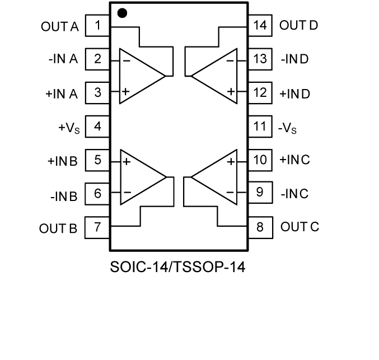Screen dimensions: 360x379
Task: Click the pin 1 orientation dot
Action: click(x=122, y=13)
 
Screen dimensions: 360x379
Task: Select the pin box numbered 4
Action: click(x=97, y=127)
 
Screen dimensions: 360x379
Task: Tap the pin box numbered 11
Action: click(x=260, y=127)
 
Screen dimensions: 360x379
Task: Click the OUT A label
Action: click(x=59, y=26)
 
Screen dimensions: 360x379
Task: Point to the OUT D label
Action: click(x=299, y=25)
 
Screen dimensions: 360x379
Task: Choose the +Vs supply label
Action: click(x=68, y=128)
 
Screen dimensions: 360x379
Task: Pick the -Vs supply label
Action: click(x=288, y=128)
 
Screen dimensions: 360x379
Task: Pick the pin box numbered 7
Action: click(x=97, y=227)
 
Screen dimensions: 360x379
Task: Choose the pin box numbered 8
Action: click(x=260, y=227)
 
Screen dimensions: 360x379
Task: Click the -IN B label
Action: click(x=63, y=195)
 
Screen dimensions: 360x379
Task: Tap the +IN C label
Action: click(x=294, y=160)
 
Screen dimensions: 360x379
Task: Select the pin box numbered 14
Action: click(x=260, y=25)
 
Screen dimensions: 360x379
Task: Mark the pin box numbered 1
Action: click(x=97, y=25)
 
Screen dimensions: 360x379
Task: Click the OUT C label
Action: click(x=300, y=227)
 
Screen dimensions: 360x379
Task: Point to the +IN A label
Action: click(x=61, y=93)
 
